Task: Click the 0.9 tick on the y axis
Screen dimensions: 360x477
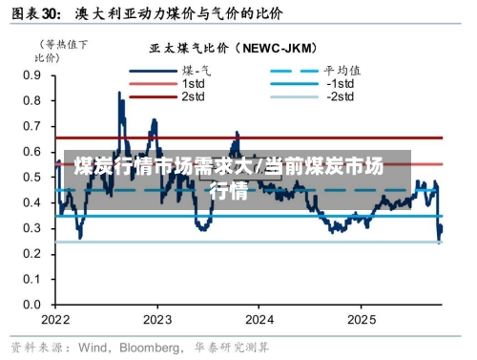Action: pos(31,74)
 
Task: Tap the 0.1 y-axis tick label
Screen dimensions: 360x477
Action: pos(31,279)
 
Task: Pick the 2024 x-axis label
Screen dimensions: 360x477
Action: pos(259,319)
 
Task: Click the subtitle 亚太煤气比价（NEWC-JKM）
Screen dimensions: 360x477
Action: pos(233,47)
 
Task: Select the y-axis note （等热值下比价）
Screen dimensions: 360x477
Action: pos(63,51)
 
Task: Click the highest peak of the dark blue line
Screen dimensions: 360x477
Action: pos(119,92)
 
